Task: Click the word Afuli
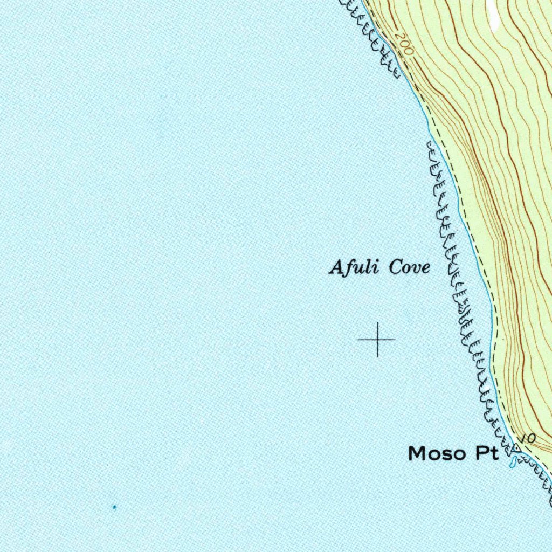tap(353, 267)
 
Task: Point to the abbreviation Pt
tap(487, 454)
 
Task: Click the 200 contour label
tap(403, 44)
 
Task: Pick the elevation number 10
tap(529, 439)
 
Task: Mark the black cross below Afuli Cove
tap(377, 339)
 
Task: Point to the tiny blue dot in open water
tap(114, 507)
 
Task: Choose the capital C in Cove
tap(396, 267)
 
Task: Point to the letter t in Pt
tap(494, 454)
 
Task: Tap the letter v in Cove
tap(416, 268)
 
